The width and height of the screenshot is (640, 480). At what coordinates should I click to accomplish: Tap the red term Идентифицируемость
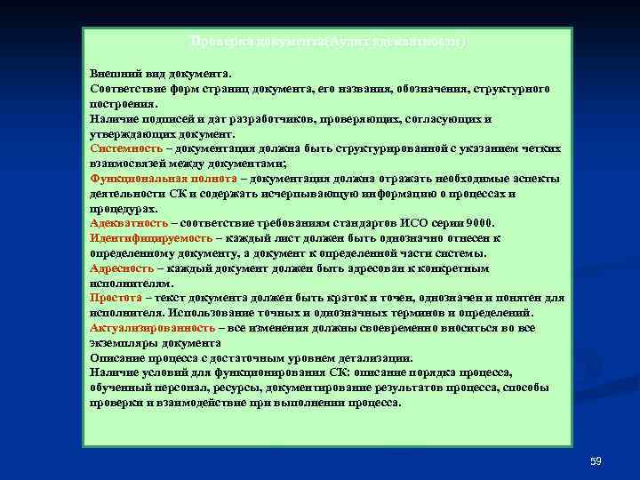pos(151,238)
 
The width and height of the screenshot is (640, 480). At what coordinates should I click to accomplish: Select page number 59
pos(596,460)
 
